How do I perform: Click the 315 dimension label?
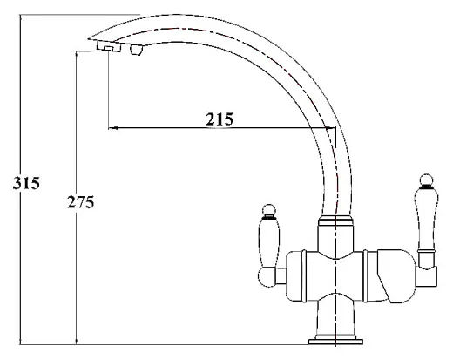click(x=26, y=183)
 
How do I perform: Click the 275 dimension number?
click(x=81, y=202)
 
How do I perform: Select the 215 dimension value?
click(x=220, y=119)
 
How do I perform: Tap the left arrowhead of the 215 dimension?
click(x=113, y=127)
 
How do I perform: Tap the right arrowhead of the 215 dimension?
click(x=330, y=127)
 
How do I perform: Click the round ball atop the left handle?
click(x=269, y=210)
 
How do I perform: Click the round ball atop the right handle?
click(x=426, y=180)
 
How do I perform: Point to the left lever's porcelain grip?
click(x=268, y=243)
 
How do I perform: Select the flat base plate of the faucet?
click(x=335, y=342)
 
